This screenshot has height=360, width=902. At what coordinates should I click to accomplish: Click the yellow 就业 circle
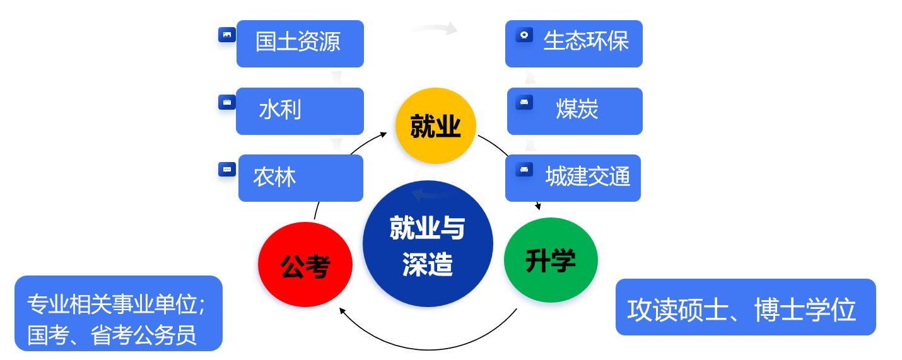[435, 125]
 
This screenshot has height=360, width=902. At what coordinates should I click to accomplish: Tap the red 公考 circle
[305, 265]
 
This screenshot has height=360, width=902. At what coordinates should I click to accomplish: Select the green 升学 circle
[551, 260]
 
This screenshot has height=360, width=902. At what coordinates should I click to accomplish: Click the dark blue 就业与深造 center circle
[428, 244]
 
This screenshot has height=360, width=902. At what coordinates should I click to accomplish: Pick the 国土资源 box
[300, 44]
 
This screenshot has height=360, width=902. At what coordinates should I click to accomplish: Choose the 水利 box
[300, 111]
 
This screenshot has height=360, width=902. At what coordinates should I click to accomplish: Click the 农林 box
[300, 178]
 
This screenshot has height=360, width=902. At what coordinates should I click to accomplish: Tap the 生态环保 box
[573, 44]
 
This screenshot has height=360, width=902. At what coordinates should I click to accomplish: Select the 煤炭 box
[575, 111]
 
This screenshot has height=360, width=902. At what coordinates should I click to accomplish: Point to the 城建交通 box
[573, 178]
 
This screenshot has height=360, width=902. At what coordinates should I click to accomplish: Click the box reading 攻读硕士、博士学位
[745, 307]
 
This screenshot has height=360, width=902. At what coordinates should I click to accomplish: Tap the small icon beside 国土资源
[226, 35]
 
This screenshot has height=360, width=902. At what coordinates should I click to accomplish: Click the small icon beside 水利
[226, 102]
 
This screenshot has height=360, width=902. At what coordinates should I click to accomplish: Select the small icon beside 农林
[226, 169]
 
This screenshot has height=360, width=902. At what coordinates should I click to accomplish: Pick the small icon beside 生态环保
[524, 35]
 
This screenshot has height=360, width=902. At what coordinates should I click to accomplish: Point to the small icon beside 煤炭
[524, 102]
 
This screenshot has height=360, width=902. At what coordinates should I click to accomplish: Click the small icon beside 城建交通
[524, 169]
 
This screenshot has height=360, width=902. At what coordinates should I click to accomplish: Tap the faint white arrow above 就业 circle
[435, 28]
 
